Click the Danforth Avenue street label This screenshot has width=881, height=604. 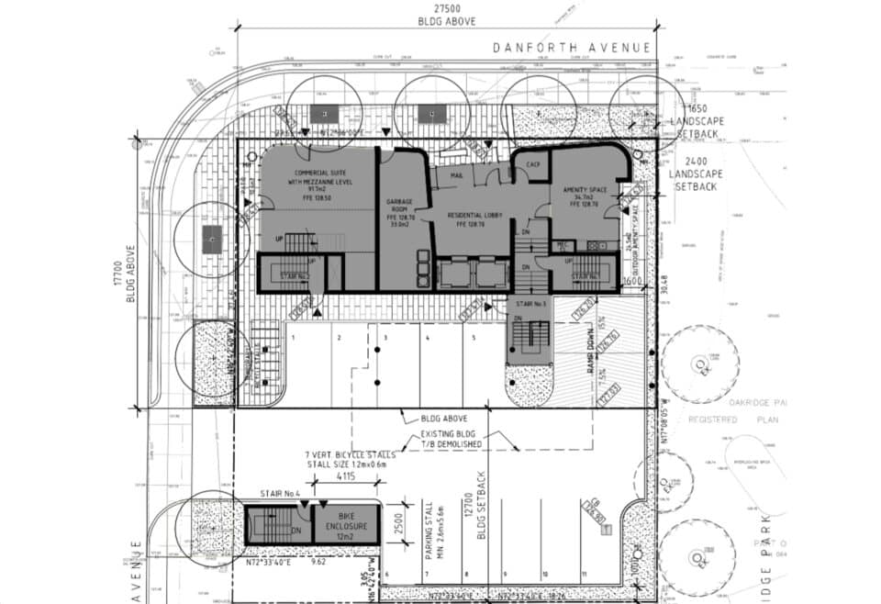click(571, 47)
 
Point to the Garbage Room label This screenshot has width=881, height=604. click(399, 210)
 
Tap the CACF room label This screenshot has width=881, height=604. click(531, 165)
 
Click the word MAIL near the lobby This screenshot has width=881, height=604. click(456, 173)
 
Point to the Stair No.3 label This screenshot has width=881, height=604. click(531, 303)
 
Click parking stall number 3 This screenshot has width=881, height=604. click(385, 338)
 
